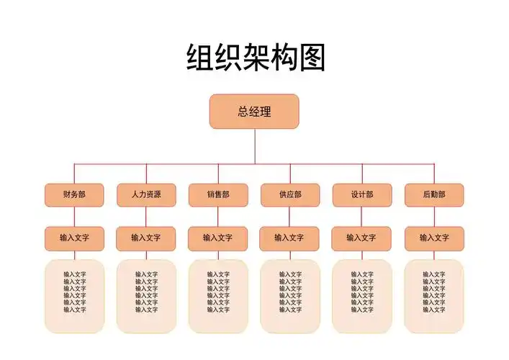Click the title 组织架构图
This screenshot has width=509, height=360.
pos(256,58)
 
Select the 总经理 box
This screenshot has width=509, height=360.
pos(254,112)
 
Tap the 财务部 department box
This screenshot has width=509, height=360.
pos(74,194)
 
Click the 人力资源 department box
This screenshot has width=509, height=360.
pos(146,194)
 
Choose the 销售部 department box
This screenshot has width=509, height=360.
pos(218,194)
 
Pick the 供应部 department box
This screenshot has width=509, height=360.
pos(290,194)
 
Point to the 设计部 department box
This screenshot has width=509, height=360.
pos(362,194)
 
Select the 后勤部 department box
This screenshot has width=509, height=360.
pos(434,194)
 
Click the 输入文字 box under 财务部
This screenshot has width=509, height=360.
pos(74,238)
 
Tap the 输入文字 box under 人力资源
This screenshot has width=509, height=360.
pos(146,238)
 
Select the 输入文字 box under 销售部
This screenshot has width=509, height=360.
pos(218,238)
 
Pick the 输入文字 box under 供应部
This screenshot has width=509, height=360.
pos(290,238)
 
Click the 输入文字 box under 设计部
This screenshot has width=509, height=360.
pos(362,238)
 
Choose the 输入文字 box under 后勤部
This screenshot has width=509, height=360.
pos(434,238)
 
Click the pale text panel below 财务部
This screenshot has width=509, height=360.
pos(74,296)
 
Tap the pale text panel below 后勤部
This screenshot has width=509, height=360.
pos(434,296)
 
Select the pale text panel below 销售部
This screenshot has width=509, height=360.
pos(218,296)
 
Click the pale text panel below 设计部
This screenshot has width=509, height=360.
pos(362,296)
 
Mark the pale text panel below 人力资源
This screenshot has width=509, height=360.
pos(146,296)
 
